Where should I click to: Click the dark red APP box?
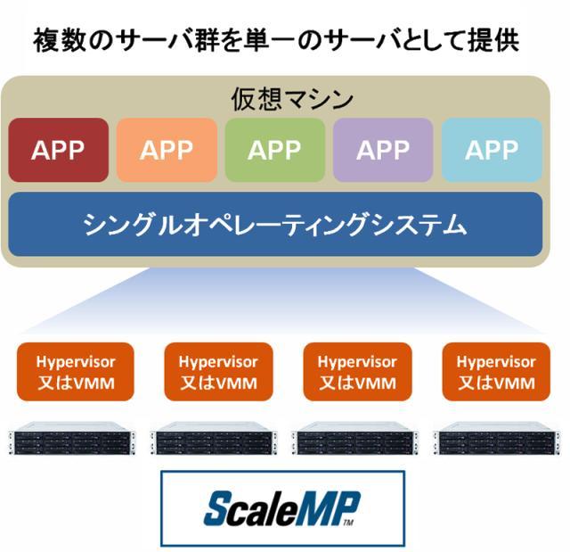(58, 150)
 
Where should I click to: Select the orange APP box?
(167, 150)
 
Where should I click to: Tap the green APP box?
(274, 150)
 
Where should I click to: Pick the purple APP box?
(383, 150)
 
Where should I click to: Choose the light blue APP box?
(492, 150)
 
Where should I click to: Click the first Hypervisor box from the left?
(76, 373)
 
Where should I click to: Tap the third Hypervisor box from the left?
(357, 373)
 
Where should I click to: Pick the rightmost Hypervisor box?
(496, 373)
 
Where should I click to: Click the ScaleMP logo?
(281, 508)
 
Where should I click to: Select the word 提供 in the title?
(493, 41)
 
